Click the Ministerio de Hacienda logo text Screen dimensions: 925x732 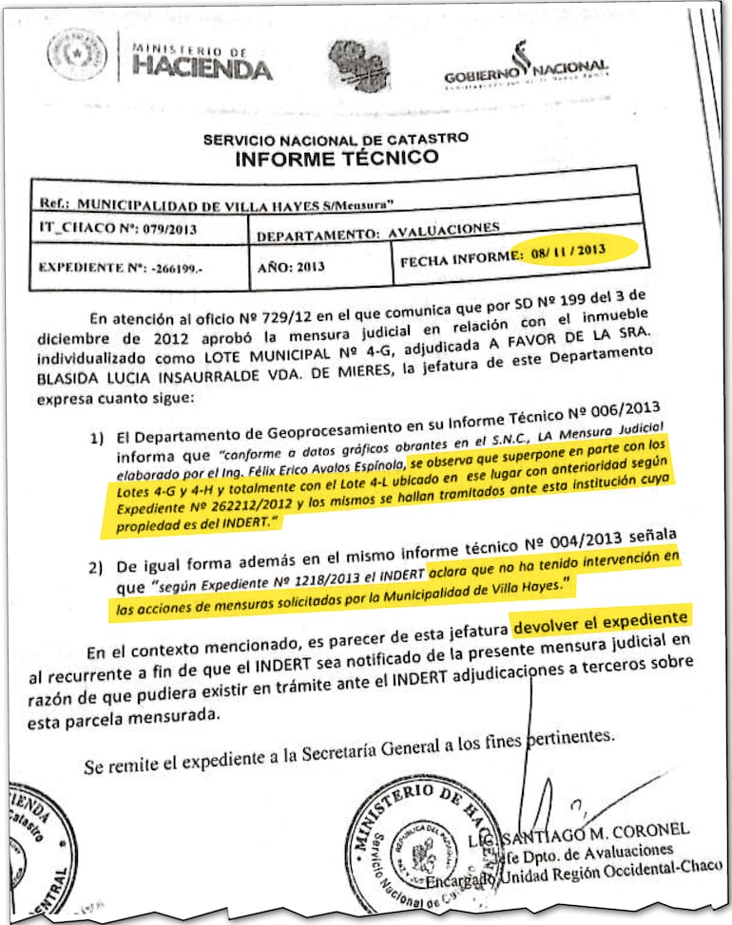click(x=202, y=62)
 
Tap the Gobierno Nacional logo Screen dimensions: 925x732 click(x=525, y=68)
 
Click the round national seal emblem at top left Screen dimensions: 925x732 click(x=78, y=55)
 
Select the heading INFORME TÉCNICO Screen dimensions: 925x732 click(x=337, y=158)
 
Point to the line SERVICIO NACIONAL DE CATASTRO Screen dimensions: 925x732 click(x=335, y=139)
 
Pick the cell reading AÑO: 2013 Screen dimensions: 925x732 click(x=290, y=267)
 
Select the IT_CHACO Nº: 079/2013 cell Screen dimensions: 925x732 click(x=98, y=230)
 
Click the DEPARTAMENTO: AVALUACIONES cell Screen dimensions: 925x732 click(x=376, y=230)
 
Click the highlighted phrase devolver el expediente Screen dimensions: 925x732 click(x=599, y=624)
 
